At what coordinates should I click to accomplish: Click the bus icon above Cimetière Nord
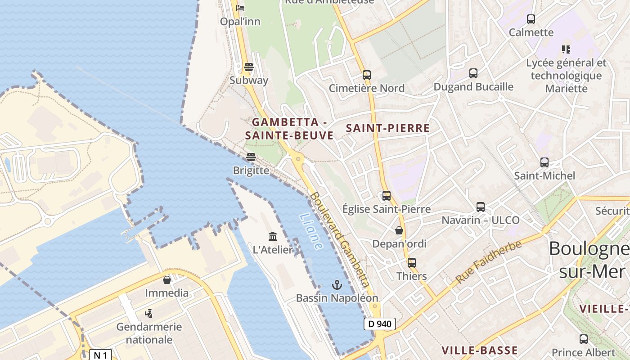(x=367, y=75)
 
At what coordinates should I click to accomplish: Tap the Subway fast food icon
(x=249, y=67)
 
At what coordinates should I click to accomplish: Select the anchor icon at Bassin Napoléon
(x=337, y=284)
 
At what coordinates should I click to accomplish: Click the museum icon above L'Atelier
(x=273, y=236)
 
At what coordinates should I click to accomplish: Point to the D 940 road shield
(x=380, y=324)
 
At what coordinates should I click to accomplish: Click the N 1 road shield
(x=100, y=355)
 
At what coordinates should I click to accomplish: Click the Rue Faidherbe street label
(x=488, y=261)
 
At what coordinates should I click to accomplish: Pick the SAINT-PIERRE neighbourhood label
(x=387, y=128)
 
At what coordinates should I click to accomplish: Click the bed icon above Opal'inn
(x=240, y=8)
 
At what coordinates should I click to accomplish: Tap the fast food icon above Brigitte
(x=251, y=157)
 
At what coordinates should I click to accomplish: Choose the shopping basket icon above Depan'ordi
(x=399, y=230)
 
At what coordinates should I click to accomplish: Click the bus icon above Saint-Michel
(x=544, y=162)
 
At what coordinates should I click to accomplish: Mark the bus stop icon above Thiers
(x=412, y=263)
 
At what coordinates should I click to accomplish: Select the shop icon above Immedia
(x=167, y=280)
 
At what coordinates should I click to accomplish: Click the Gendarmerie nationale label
(x=149, y=333)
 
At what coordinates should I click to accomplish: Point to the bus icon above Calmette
(x=531, y=19)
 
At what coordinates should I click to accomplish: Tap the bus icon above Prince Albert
(x=584, y=339)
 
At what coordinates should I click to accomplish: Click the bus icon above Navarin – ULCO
(x=481, y=207)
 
